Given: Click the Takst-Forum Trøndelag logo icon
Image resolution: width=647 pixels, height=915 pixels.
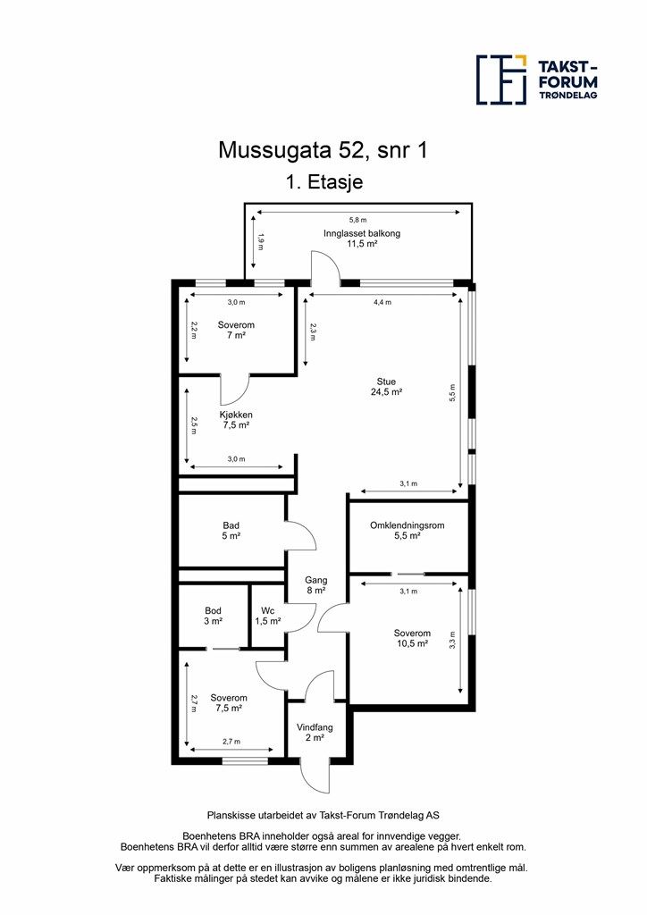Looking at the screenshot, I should point(500,80).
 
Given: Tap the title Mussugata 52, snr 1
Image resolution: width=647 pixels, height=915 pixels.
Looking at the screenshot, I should point(323,150).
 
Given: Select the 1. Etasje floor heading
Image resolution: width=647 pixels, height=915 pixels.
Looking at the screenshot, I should point(323,182).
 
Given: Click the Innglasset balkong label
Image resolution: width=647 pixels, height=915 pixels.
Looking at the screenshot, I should point(361,238).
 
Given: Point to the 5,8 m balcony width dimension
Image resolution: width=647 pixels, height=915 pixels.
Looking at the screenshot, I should point(357,220).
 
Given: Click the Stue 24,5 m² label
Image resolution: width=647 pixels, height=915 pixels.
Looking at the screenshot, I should point(386,386).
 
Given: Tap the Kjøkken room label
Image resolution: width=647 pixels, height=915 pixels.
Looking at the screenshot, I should point(236,420).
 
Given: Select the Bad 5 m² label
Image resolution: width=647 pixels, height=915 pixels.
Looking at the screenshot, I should point(231,531).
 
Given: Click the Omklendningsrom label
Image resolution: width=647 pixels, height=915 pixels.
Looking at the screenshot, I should point(407,531).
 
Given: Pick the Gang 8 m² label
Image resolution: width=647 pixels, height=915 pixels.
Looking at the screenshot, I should point(315,584).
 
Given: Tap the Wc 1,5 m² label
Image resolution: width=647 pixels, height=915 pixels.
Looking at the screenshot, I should point(267,615).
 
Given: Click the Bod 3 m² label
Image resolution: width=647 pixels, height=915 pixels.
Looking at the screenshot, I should point(213,615).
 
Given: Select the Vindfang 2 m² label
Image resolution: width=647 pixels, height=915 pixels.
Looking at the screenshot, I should point(315,733).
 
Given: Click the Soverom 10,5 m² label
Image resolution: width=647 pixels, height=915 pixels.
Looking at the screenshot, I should point(412,638).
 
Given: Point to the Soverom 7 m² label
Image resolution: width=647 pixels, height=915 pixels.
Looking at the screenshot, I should point(236,331).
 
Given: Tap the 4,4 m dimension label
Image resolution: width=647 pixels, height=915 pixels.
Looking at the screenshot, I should point(382,302).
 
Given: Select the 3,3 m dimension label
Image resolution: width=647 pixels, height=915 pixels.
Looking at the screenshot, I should point(452,641).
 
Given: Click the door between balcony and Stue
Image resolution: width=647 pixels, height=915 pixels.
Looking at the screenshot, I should point(323,268).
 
